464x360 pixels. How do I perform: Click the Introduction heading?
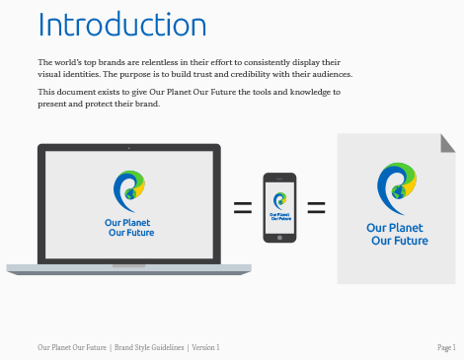[x=122, y=24]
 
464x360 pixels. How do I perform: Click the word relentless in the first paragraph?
[x=159, y=62]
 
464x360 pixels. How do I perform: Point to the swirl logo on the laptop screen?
[x=129, y=191]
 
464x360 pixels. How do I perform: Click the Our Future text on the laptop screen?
[x=131, y=233]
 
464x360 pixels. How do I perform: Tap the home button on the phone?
[x=279, y=238]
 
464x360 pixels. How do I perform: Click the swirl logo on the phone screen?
[x=279, y=201]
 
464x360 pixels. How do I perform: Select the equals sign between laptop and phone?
[x=243, y=208]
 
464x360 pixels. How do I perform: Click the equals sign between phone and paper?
[x=316, y=208]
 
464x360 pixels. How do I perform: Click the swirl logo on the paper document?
[x=397, y=188]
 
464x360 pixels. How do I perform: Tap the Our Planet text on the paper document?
[x=395, y=228]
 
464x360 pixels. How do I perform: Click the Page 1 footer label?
[x=446, y=347]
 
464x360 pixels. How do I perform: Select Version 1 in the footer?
[x=205, y=347]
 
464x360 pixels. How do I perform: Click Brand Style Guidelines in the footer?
[x=149, y=347]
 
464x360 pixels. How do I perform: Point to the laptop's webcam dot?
[x=129, y=148]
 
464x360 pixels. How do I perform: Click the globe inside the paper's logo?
[x=398, y=191]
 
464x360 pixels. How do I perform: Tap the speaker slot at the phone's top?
[x=279, y=179]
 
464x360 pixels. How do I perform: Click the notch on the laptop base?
[x=129, y=265]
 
